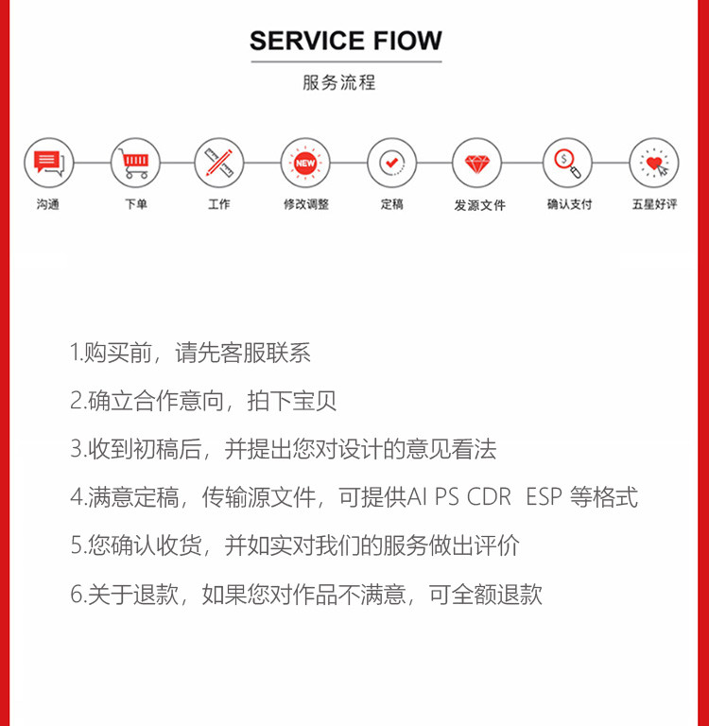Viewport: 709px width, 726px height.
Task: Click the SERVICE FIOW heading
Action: point(346,41)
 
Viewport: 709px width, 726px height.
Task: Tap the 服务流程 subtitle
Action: point(339,82)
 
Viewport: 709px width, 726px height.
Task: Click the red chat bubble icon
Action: point(47,163)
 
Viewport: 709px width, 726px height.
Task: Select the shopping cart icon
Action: point(135,163)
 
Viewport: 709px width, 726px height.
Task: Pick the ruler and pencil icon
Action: point(218,163)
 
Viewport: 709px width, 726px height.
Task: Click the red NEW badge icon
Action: point(305,163)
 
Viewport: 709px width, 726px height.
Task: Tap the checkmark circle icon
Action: point(391,163)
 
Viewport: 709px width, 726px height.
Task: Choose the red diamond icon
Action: point(477,163)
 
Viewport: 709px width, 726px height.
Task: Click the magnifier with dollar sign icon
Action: point(567,163)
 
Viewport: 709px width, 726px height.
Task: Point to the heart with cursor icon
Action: point(654,163)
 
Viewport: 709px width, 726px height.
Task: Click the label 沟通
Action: point(47,204)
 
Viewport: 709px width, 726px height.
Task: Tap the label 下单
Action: point(135,204)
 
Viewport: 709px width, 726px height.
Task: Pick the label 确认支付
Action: point(569,204)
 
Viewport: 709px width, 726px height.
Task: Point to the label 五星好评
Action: point(655,204)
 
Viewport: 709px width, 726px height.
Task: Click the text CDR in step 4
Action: point(490,497)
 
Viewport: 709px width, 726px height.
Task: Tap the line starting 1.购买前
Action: point(190,354)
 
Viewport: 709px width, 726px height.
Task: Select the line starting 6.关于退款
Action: point(306,595)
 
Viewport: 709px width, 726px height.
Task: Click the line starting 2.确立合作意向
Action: point(203,401)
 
